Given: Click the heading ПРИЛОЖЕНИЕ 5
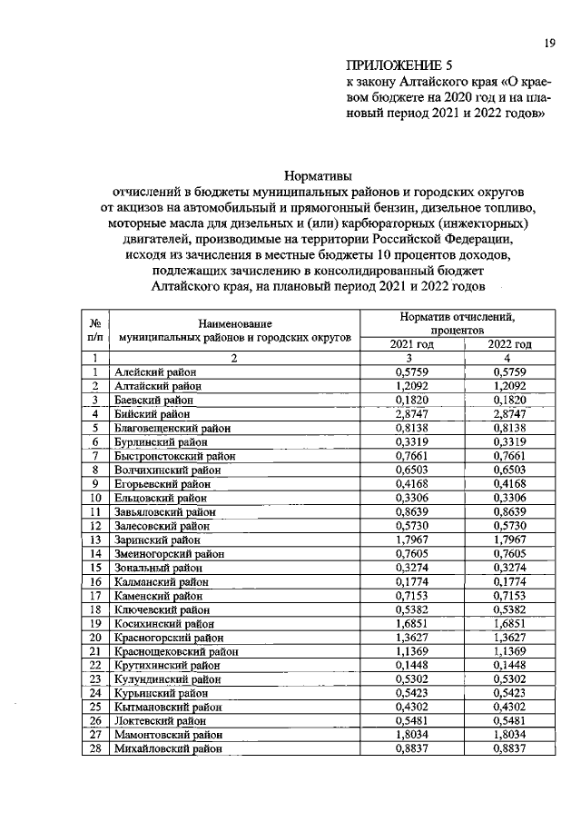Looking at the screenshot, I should click(x=399, y=65).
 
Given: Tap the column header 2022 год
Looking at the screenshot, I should click(x=509, y=344).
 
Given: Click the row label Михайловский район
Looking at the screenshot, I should click(x=168, y=749).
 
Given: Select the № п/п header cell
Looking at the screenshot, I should click(x=94, y=329).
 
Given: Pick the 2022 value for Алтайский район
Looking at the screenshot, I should click(x=509, y=386).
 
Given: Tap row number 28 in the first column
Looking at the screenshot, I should click(x=94, y=749).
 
